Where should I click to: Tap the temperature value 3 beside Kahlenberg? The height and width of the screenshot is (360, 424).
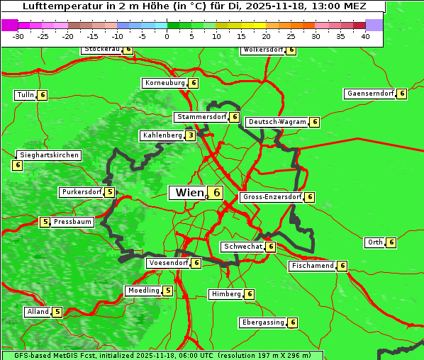tap(191, 135)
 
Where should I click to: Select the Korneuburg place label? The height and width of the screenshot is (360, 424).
tap(164, 83)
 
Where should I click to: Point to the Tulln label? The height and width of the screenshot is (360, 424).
tap(25, 95)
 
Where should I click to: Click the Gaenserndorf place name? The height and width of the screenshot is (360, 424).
tap(369, 94)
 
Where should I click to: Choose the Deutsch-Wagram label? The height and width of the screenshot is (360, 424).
tap(277, 122)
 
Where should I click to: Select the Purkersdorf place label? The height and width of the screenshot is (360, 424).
tap(81, 192)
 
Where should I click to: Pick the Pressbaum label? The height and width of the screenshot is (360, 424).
tap(73, 222)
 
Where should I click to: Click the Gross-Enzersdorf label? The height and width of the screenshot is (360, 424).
tap(272, 197)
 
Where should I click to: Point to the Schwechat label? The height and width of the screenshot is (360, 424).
tap(242, 247)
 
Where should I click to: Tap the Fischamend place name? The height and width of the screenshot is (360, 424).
tap(311, 266)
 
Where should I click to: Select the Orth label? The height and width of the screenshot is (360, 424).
tap(374, 242)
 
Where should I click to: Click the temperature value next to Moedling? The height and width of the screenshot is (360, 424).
tap(167, 291)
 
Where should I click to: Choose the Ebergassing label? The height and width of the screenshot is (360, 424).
tap(262, 322)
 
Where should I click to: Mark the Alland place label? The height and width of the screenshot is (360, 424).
tap(37, 312)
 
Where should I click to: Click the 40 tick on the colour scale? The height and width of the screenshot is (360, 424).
tap(365, 37)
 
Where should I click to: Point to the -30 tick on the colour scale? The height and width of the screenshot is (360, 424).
tap(18, 37)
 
